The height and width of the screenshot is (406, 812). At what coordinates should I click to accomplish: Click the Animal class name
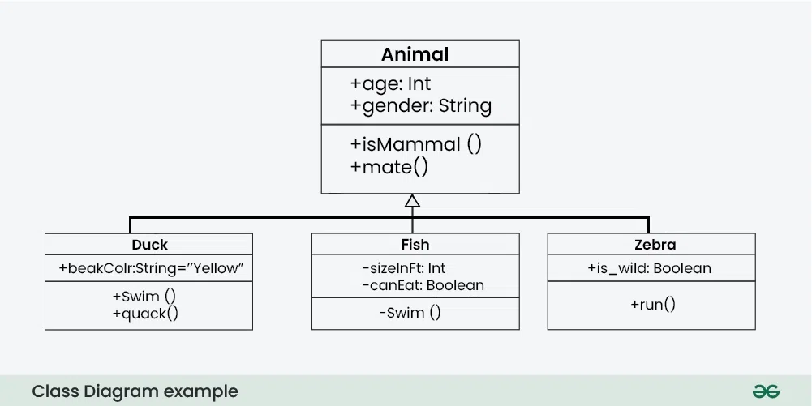tap(415, 54)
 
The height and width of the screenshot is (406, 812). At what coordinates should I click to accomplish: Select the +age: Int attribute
tap(390, 83)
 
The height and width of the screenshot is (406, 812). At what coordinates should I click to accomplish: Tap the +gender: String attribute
tap(420, 105)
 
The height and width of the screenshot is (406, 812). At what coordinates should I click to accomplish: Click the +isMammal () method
tap(415, 145)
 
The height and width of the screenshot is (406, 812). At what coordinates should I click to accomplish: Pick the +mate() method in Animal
tap(389, 167)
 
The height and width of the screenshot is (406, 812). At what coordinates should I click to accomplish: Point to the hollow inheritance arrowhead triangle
tap(412, 201)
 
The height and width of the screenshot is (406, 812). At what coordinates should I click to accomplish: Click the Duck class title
tap(149, 244)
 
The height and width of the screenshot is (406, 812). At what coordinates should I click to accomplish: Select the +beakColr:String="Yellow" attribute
tap(151, 268)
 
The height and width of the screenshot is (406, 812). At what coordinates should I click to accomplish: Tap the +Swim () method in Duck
tap(144, 297)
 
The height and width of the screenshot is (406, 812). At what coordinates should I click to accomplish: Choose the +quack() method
tap(145, 313)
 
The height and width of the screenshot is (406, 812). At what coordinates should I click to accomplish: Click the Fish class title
tap(415, 244)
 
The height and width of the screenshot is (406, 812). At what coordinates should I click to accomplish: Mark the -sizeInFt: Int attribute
tap(403, 268)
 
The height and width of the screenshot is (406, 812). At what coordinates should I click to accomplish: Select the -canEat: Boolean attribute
tap(423, 284)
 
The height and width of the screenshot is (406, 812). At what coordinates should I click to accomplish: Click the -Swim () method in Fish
tap(410, 312)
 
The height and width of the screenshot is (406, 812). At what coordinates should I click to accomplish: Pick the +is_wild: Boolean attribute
tap(649, 268)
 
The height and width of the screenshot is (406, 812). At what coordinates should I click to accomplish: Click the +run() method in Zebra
tap(652, 305)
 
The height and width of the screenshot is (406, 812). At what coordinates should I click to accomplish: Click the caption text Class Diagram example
tap(135, 391)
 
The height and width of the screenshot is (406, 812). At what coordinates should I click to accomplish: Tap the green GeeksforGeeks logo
tap(766, 391)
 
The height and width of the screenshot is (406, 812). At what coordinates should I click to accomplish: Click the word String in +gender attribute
tap(465, 105)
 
